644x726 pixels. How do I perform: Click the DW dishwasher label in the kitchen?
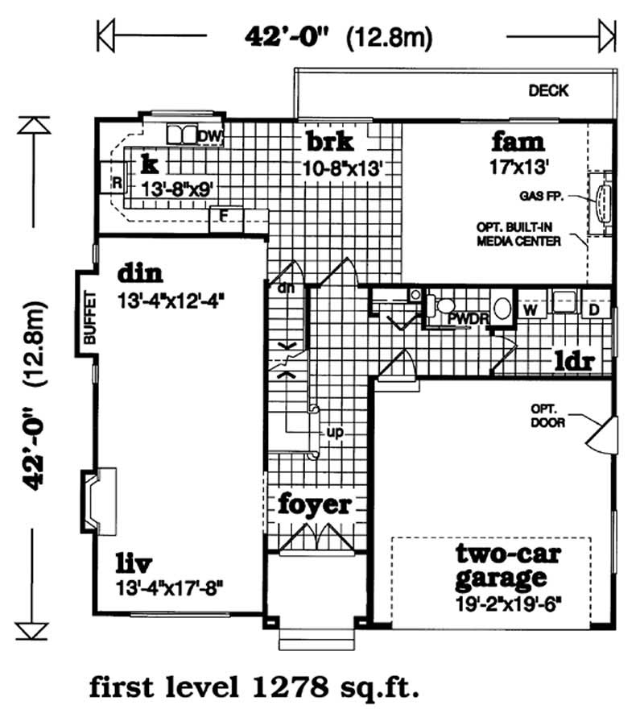[x=209, y=135]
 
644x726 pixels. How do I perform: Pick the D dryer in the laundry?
[x=594, y=309]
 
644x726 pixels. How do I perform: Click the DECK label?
[x=548, y=90]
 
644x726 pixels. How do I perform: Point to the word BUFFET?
[x=89, y=317]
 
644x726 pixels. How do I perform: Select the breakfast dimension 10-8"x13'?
[x=341, y=168]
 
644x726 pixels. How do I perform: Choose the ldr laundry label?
[x=572, y=360]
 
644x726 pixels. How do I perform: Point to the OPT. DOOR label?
[x=547, y=415]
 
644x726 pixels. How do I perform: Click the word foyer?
[x=315, y=505]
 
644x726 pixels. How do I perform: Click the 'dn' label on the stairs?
[x=283, y=287]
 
